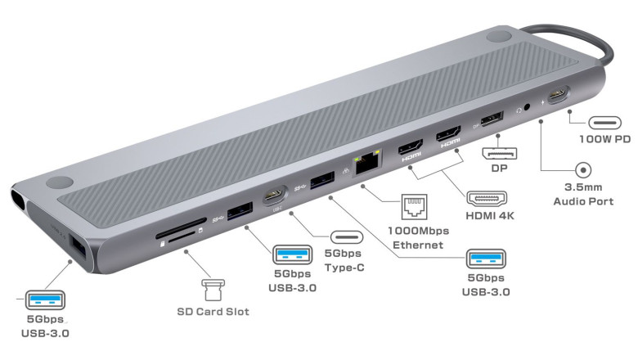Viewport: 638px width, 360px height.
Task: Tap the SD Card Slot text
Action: click(213, 312)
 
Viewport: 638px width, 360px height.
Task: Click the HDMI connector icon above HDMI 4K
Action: click(486, 197)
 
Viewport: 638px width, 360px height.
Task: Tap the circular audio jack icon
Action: click(584, 170)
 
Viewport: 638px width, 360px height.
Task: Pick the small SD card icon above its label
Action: click(212, 290)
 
